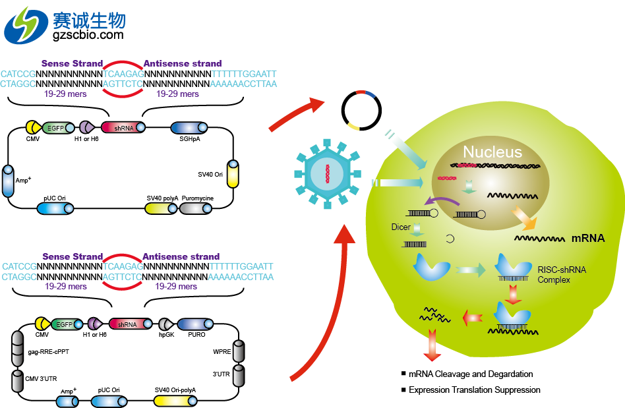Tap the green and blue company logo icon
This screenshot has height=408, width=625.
[x=25, y=26]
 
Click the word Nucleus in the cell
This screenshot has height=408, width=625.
[x=492, y=153]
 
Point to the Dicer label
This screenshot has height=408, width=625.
[x=400, y=227]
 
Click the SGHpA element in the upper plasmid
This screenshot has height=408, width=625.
[x=190, y=128]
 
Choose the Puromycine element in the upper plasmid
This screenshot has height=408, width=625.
[x=195, y=208]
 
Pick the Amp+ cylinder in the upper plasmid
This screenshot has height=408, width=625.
[x=8, y=180]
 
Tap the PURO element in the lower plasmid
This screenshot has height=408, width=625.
[x=196, y=324]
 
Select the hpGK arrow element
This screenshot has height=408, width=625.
[x=165, y=324]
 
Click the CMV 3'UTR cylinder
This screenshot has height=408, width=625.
[x=17, y=380]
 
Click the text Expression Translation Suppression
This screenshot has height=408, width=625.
[x=473, y=390]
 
